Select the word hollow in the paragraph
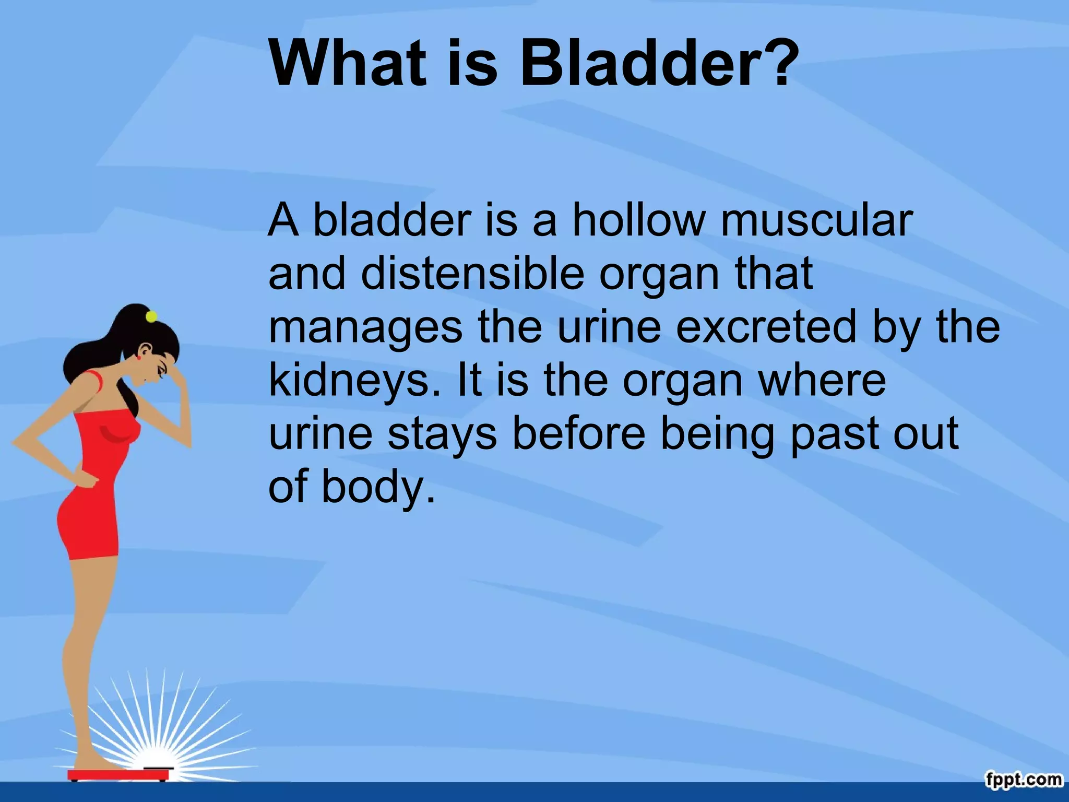pyautogui.click(x=638, y=220)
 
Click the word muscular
pyautogui.click(x=816, y=220)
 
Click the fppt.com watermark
pyautogui.click(x=1024, y=780)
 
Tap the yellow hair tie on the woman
pyautogui.click(x=151, y=316)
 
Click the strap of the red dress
pyautogui.click(x=94, y=382)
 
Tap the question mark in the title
pyautogui.click(x=780, y=63)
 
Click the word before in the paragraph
pyautogui.click(x=579, y=433)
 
